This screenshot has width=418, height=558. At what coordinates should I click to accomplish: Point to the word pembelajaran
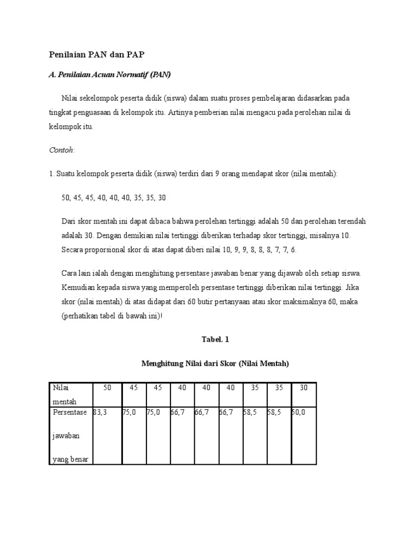276,98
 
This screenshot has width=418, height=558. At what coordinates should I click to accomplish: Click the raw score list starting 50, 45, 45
113,197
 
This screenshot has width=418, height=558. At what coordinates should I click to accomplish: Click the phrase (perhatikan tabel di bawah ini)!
112,316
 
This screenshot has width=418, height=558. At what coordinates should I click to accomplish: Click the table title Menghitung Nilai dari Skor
215,363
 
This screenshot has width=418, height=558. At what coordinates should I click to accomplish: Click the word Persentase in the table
70,413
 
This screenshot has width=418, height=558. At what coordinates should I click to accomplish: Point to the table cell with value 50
107,387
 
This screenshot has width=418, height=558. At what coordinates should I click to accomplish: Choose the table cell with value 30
303,387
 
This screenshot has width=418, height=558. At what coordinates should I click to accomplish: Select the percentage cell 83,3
101,413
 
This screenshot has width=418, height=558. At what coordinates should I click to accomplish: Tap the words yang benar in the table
70,459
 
